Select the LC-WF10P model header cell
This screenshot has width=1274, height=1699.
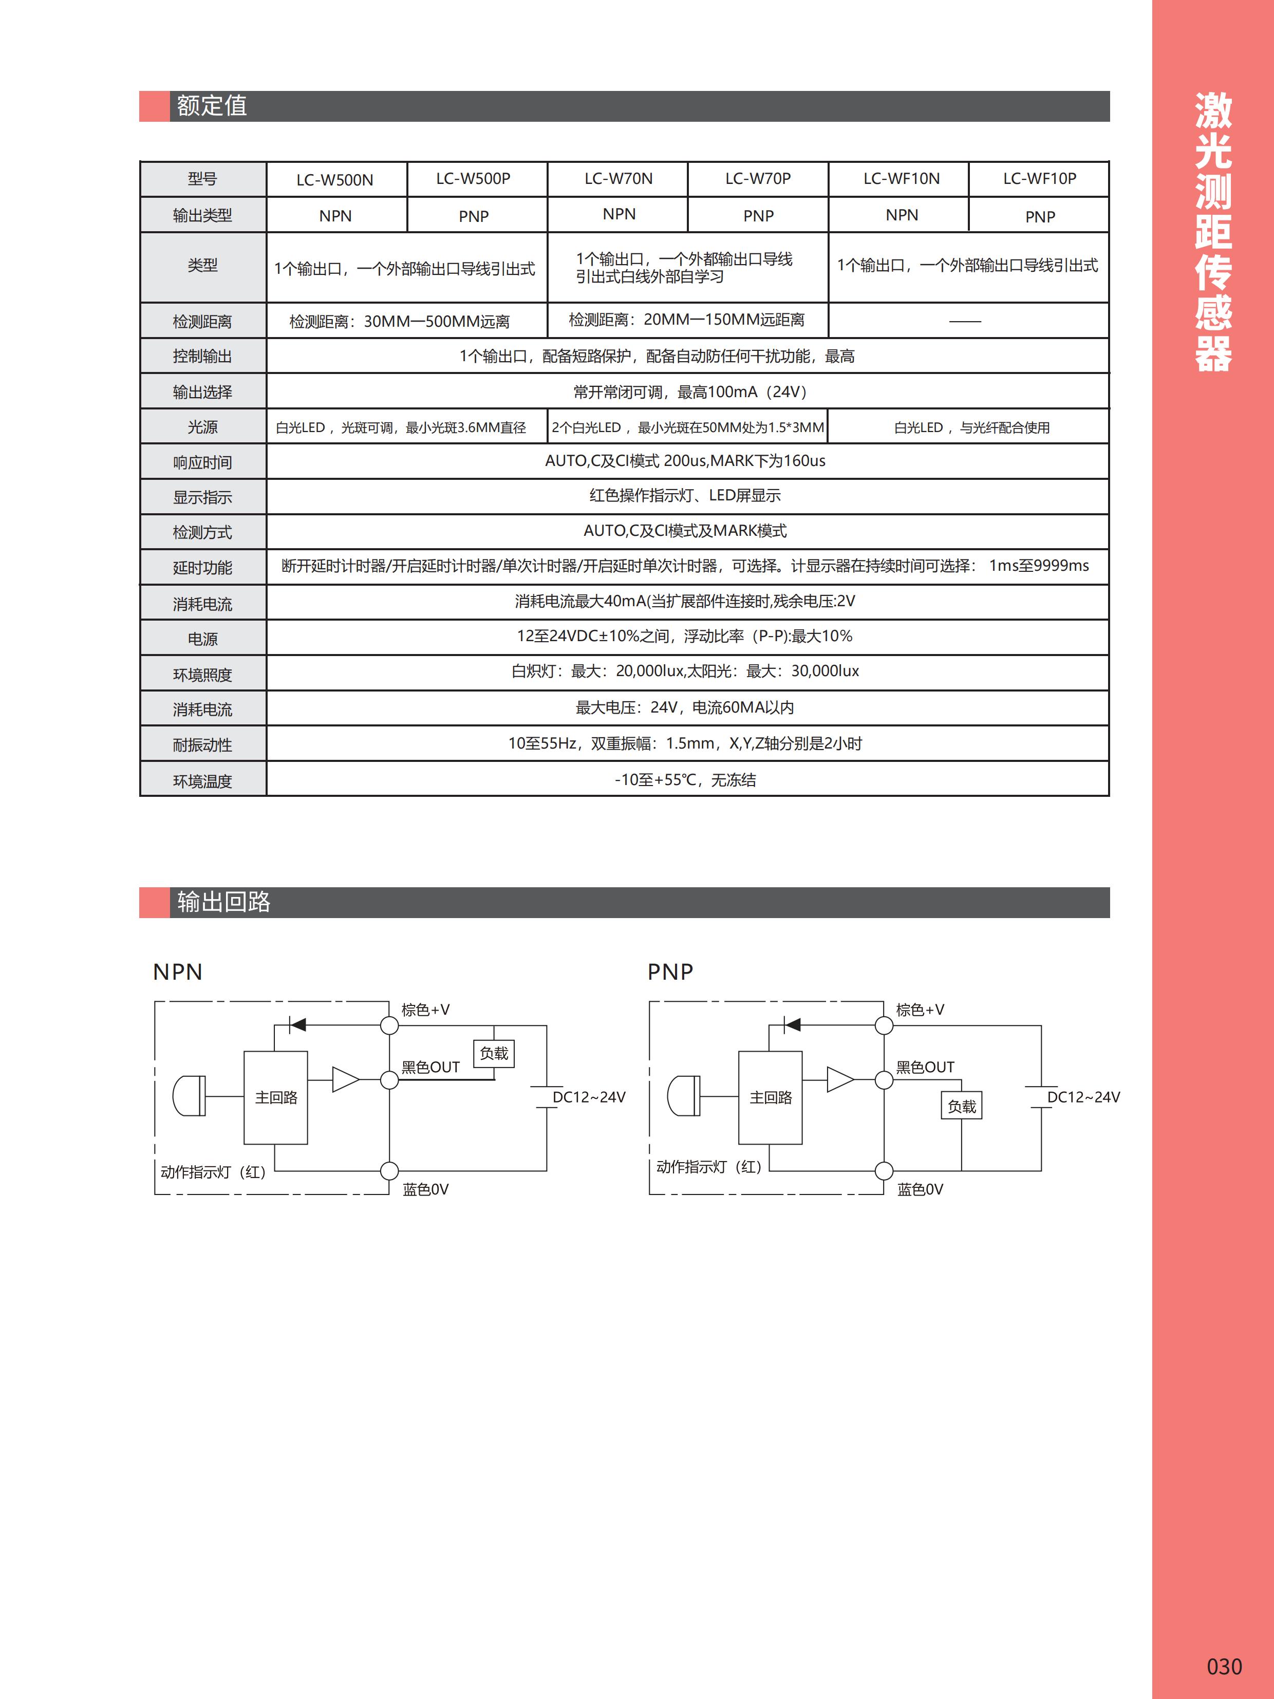click(x=1039, y=179)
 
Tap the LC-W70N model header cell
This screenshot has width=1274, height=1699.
click(x=618, y=179)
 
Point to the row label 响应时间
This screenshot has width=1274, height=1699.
click(x=203, y=462)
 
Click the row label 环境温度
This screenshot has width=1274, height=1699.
click(x=203, y=781)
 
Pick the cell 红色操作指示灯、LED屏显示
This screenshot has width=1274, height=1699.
click(x=685, y=495)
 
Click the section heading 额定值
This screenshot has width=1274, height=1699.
click(x=212, y=106)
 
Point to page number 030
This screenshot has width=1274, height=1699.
click(x=1224, y=1666)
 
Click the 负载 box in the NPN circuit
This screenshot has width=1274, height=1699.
click(x=494, y=1053)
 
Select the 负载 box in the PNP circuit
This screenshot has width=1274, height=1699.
click(x=962, y=1106)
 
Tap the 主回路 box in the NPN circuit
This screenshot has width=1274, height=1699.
click(x=276, y=1097)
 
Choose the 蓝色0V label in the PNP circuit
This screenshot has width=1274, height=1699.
click(x=920, y=1189)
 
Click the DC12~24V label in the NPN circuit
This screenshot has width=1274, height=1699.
click(x=589, y=1097)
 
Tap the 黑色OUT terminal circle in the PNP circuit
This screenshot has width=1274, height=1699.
click(x=884, y=1080)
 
